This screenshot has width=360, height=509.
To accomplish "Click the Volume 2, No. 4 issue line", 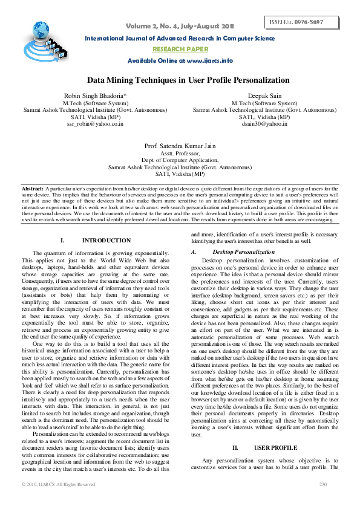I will tap(180, 26).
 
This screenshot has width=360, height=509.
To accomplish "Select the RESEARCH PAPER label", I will tap(180, 49).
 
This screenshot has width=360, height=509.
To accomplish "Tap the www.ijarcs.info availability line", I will tap(180, 60).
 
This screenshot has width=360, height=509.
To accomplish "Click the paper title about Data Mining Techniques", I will tap(180, 80).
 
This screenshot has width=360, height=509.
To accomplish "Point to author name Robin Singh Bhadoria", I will tap(95, 96).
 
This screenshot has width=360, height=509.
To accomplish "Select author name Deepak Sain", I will tap(265, 96).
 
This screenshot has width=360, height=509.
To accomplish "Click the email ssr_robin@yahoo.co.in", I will tap(95, 123).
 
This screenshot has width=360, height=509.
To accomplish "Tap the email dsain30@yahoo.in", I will tap(265, 123).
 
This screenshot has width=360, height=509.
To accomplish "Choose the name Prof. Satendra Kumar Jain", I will tap(180, 146).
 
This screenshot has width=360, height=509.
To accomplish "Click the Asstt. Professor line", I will tap(180, 154).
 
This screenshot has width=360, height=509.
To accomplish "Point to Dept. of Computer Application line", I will tap(180, 160).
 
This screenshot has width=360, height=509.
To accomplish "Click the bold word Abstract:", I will tap(34, 189).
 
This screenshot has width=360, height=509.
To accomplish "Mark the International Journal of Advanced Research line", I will tap(180, 38).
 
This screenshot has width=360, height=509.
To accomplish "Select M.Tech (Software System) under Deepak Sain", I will tap(265, 103).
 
